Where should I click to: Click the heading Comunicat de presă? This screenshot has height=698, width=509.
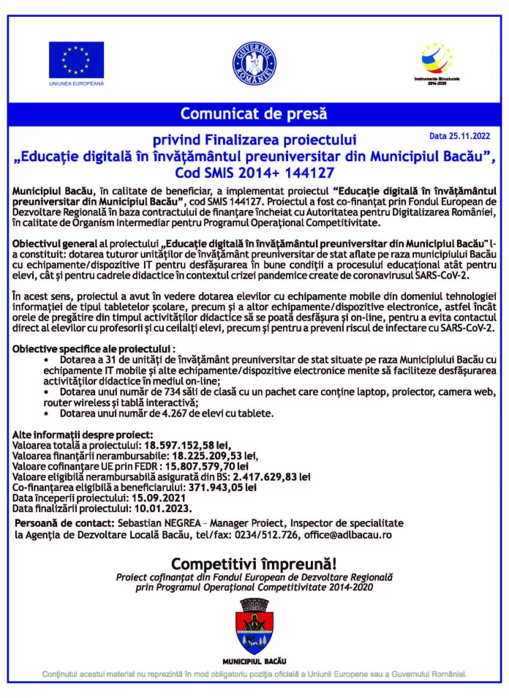(x=254, y=114)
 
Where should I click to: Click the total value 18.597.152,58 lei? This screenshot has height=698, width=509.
(x=188, y=443)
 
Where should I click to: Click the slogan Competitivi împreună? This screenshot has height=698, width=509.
(x=254, y=563)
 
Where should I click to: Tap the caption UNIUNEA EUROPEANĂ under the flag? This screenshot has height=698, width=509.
(x=76, y=84)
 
